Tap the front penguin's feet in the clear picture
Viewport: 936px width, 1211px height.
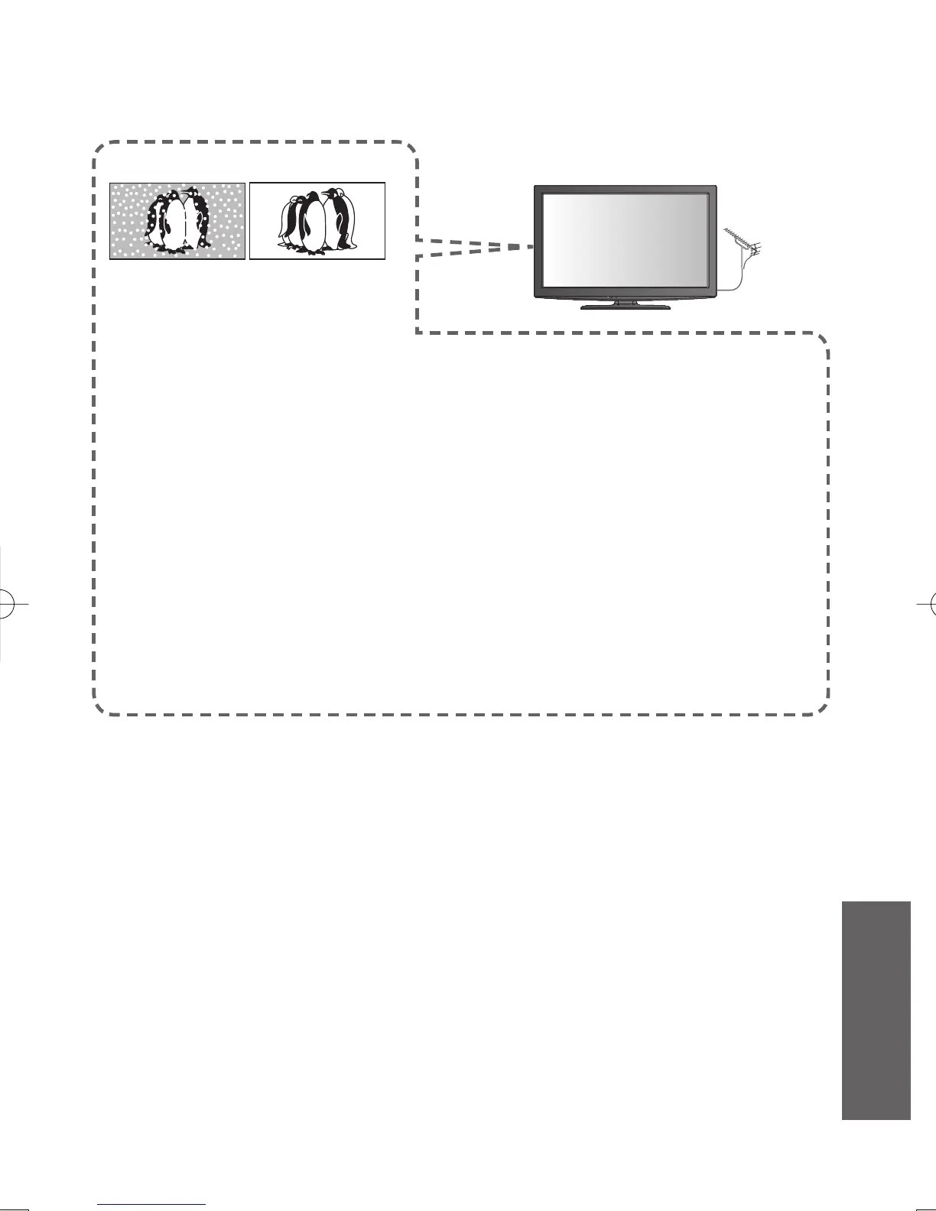[314, 249]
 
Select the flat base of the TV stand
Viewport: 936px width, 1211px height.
[624, 307]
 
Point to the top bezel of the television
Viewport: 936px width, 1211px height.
[624, 188]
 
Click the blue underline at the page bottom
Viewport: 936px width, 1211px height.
[151, 1205]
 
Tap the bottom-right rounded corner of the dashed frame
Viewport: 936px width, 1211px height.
[822, 707]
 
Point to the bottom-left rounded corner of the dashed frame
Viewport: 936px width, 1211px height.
[100, 707]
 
